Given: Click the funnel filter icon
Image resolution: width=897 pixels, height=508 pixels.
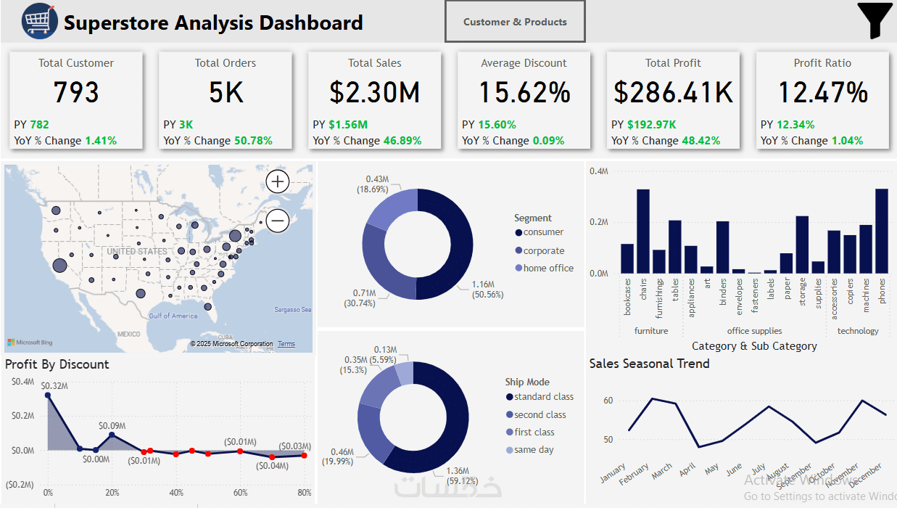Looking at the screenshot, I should pyautogui.click(x=875, y=20).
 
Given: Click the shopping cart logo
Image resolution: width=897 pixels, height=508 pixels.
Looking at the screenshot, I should pyautogui.click(x=39, y=21).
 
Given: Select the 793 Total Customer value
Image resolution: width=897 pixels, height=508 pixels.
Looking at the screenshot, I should pyautogui.click(x=76, y=92).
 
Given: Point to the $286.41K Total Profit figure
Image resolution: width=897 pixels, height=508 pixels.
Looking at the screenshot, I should pyautogui.click(x=673, y=92).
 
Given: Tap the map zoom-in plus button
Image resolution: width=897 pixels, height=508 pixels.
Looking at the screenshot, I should pyautogui.click(x=278, y=181).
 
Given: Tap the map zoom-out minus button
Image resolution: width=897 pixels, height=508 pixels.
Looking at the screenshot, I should pyautogui.click(x=278, y=220).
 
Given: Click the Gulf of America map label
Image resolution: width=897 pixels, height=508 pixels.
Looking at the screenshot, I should pyautogui.click(x=173, y=316).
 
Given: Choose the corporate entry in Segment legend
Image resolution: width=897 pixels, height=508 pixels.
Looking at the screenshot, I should pyautogui.click(x=544, y=250).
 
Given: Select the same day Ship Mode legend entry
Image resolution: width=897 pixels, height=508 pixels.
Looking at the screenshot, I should pyautogui.click(x=534, y=450).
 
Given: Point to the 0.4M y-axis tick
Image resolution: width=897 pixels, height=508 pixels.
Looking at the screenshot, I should pyautogui.click(x=598, y=171).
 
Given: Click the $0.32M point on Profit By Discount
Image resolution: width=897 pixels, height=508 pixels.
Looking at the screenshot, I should pyautogui.click(x=48, y=395).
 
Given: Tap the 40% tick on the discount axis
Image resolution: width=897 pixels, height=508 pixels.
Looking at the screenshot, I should pyautogui.click(x=176, y=493).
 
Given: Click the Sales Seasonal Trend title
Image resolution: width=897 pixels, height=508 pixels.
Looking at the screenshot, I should pyautogui.click(x=649, y=364).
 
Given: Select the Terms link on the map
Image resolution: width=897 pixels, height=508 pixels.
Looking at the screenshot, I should pyautogui.click(x=286, y=344).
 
